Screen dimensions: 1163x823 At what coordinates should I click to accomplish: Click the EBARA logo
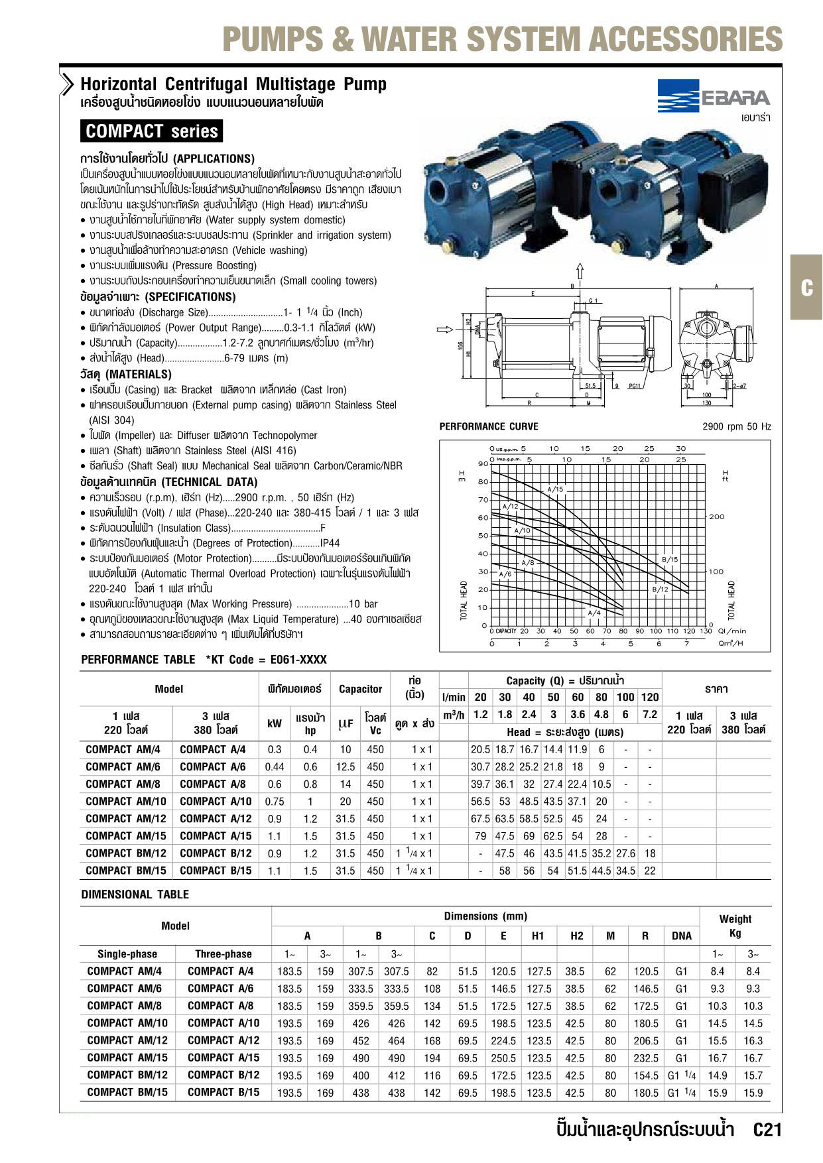point(714,97)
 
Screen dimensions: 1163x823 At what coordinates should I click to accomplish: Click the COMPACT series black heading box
point(151,131)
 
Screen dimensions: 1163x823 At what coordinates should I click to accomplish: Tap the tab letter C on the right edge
point(806,288)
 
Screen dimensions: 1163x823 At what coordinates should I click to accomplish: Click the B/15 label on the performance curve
point(670,560)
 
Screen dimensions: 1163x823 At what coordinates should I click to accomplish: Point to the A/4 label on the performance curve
point(594,613)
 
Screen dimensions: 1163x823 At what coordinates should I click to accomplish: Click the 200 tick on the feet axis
point(717,517)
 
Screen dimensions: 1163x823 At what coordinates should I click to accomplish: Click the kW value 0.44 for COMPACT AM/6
point(274,767)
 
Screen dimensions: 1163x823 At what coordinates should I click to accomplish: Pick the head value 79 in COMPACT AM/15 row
point(480,836)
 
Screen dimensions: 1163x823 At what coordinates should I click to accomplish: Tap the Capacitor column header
point(360,689)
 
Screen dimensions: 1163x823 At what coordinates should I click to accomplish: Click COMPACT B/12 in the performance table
point(216,853)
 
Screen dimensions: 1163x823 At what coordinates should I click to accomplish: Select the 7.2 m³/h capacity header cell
point(650,715)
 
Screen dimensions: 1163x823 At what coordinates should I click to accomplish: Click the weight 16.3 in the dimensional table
point(753,1041)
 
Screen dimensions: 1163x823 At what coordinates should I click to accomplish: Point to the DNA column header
point(681,936)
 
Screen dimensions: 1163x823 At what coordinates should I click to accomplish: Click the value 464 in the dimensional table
point(396,1041)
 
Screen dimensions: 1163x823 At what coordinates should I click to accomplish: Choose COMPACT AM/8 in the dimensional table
point(125,1006)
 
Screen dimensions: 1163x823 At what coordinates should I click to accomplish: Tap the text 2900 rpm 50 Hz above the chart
point(736,427)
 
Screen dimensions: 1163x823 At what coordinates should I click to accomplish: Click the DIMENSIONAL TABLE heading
point(135,894)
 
